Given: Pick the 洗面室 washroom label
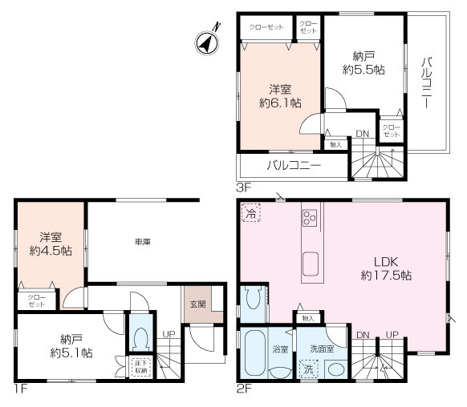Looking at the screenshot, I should (x=323, y=349).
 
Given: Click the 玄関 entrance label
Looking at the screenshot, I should (x=197, y=304).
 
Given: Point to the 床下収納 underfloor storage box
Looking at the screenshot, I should (x=140, y=367).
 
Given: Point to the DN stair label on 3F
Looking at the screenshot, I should (x=363, y=134).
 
